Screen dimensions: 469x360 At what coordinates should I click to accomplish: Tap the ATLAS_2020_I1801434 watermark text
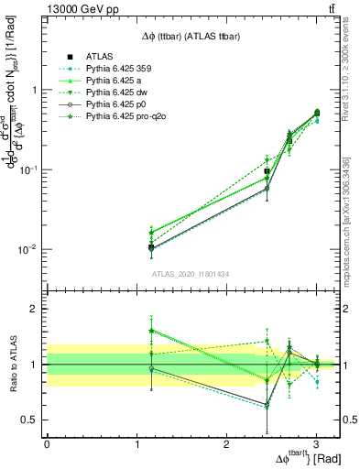click(x=191, y=274)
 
